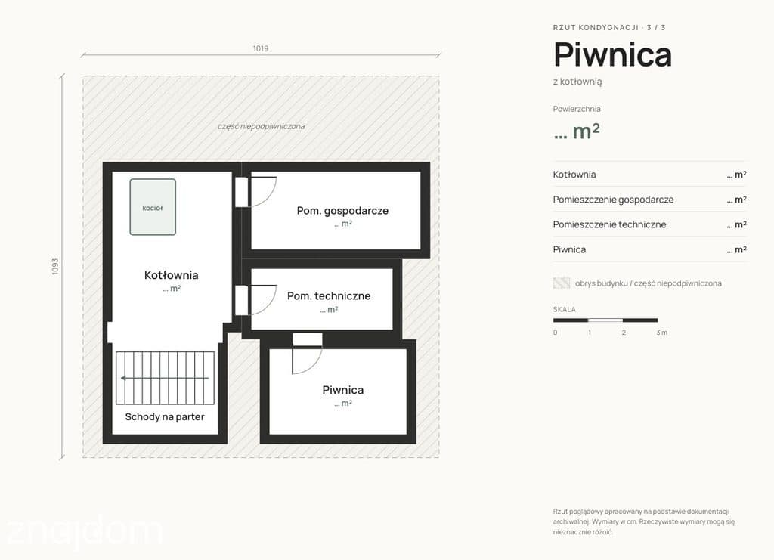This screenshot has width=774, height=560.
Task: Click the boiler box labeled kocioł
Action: coord(153,207)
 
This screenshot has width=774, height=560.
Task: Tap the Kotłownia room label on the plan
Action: coord(172,275)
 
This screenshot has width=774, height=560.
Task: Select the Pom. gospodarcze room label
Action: coord(342,211)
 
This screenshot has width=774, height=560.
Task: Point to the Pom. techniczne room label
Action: coord(329,296)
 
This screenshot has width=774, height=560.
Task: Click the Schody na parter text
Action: coord(165,417)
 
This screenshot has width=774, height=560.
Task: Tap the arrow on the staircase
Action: coord(165,378)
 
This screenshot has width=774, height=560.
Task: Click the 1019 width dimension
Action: coord(261,48)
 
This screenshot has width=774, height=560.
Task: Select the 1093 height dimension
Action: coord(55,267)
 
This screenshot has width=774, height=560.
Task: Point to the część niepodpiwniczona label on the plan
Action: coord(261,126)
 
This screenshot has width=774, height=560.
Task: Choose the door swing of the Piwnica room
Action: coord(313,364)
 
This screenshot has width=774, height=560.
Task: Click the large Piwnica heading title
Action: coord(612,54)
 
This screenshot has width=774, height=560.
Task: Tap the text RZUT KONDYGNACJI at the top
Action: coord(596,28)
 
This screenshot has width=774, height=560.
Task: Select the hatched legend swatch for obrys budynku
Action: coord(562,283)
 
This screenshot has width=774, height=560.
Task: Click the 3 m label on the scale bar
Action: coord(662,333)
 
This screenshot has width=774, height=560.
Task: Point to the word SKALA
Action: coord(564,309)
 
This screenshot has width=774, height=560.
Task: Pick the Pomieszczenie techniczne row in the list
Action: coord(649,224)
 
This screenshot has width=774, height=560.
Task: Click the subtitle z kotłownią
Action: coord(577,82)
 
